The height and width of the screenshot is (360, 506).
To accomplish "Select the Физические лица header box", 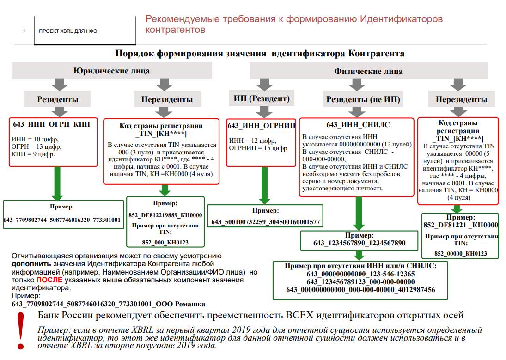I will coord(368,71).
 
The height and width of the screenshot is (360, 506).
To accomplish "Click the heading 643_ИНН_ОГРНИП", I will coord(262,125).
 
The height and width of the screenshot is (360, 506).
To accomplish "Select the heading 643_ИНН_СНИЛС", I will coord(358,125).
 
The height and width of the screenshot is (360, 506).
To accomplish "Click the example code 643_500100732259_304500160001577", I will coord(265,222).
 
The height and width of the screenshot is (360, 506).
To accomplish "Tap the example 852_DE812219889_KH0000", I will coord(165,215).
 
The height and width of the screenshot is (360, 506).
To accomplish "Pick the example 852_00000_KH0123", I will coord(460,254).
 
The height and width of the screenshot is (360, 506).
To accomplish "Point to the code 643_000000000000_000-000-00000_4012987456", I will coord(360,290).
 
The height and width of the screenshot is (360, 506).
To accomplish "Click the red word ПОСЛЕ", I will coord(49,280).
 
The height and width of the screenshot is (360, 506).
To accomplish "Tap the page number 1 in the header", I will coord(24,31).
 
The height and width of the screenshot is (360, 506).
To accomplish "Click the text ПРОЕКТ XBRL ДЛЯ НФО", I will coord(68,31).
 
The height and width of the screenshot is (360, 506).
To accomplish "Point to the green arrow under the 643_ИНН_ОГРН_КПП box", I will coord(58,183).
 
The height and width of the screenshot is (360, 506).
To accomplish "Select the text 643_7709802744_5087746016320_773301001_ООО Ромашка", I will coord(108,304).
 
